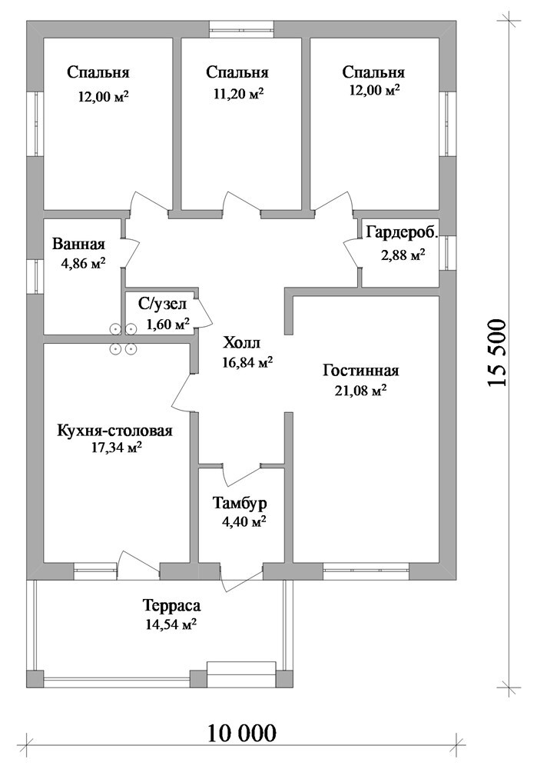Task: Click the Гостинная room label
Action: tap(360, 371)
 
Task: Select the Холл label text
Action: tap(241, 342)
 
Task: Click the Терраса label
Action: tap(171, 606)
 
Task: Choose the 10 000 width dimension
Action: tap(242, 734)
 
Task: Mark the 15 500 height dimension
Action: tap(496, 353)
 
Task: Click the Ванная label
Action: tap(79, 244)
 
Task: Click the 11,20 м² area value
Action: tap(239, 93)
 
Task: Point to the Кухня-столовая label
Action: tap(114, 431)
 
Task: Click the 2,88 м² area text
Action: tap(403, 255)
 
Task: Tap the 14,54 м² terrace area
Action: tap(171, 624)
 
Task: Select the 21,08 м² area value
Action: tap(361, 391)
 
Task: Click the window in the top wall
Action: tap(241, 29)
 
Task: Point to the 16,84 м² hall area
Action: tap(247, 362)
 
